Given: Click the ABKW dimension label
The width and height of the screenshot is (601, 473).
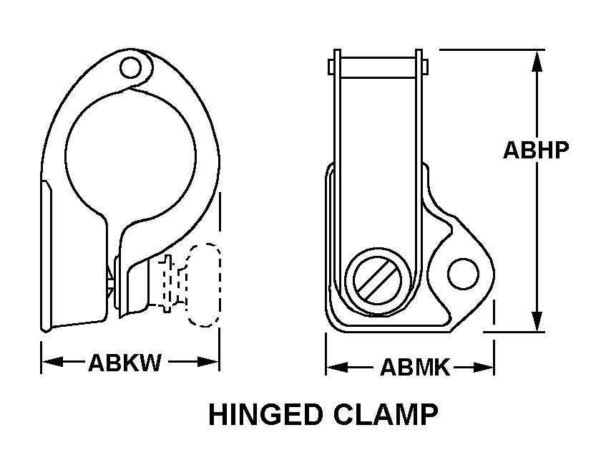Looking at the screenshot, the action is click(x=125, y=363).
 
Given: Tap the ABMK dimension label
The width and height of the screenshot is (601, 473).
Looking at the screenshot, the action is click(x=415, y=368).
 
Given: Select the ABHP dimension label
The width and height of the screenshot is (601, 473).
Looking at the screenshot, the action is click(x=536, y=150).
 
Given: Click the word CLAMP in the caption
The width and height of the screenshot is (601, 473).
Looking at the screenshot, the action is click(x=386, y=414).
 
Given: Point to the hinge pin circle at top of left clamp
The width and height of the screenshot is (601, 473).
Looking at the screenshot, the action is click(x=130, y=68).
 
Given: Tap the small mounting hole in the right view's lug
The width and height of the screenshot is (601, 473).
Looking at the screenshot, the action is click(x=463, y=274).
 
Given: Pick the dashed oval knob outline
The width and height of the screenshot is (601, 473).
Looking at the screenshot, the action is click(x=203, y=285).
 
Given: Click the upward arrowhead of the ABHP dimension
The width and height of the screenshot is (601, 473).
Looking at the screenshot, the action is click(x=537, y=61).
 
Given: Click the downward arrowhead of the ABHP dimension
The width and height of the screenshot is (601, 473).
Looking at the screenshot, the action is click(x=537, y=320).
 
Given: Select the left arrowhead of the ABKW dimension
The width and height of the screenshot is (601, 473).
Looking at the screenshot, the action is click(x=52, y=361).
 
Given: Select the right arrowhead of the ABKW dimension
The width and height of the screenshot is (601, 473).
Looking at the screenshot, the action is click(x=208, y=361).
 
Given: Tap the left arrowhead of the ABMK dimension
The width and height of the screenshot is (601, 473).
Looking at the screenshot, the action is click(x=337, y=368).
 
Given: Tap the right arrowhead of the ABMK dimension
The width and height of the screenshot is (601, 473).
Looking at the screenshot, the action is click(x=483, y=368).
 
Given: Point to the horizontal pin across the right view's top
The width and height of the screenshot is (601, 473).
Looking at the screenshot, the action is click(x=378, y=67).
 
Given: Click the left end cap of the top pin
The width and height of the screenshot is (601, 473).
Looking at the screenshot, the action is click(x=331, y=67).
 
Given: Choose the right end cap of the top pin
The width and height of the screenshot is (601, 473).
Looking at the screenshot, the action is click(x=425, y=67).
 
